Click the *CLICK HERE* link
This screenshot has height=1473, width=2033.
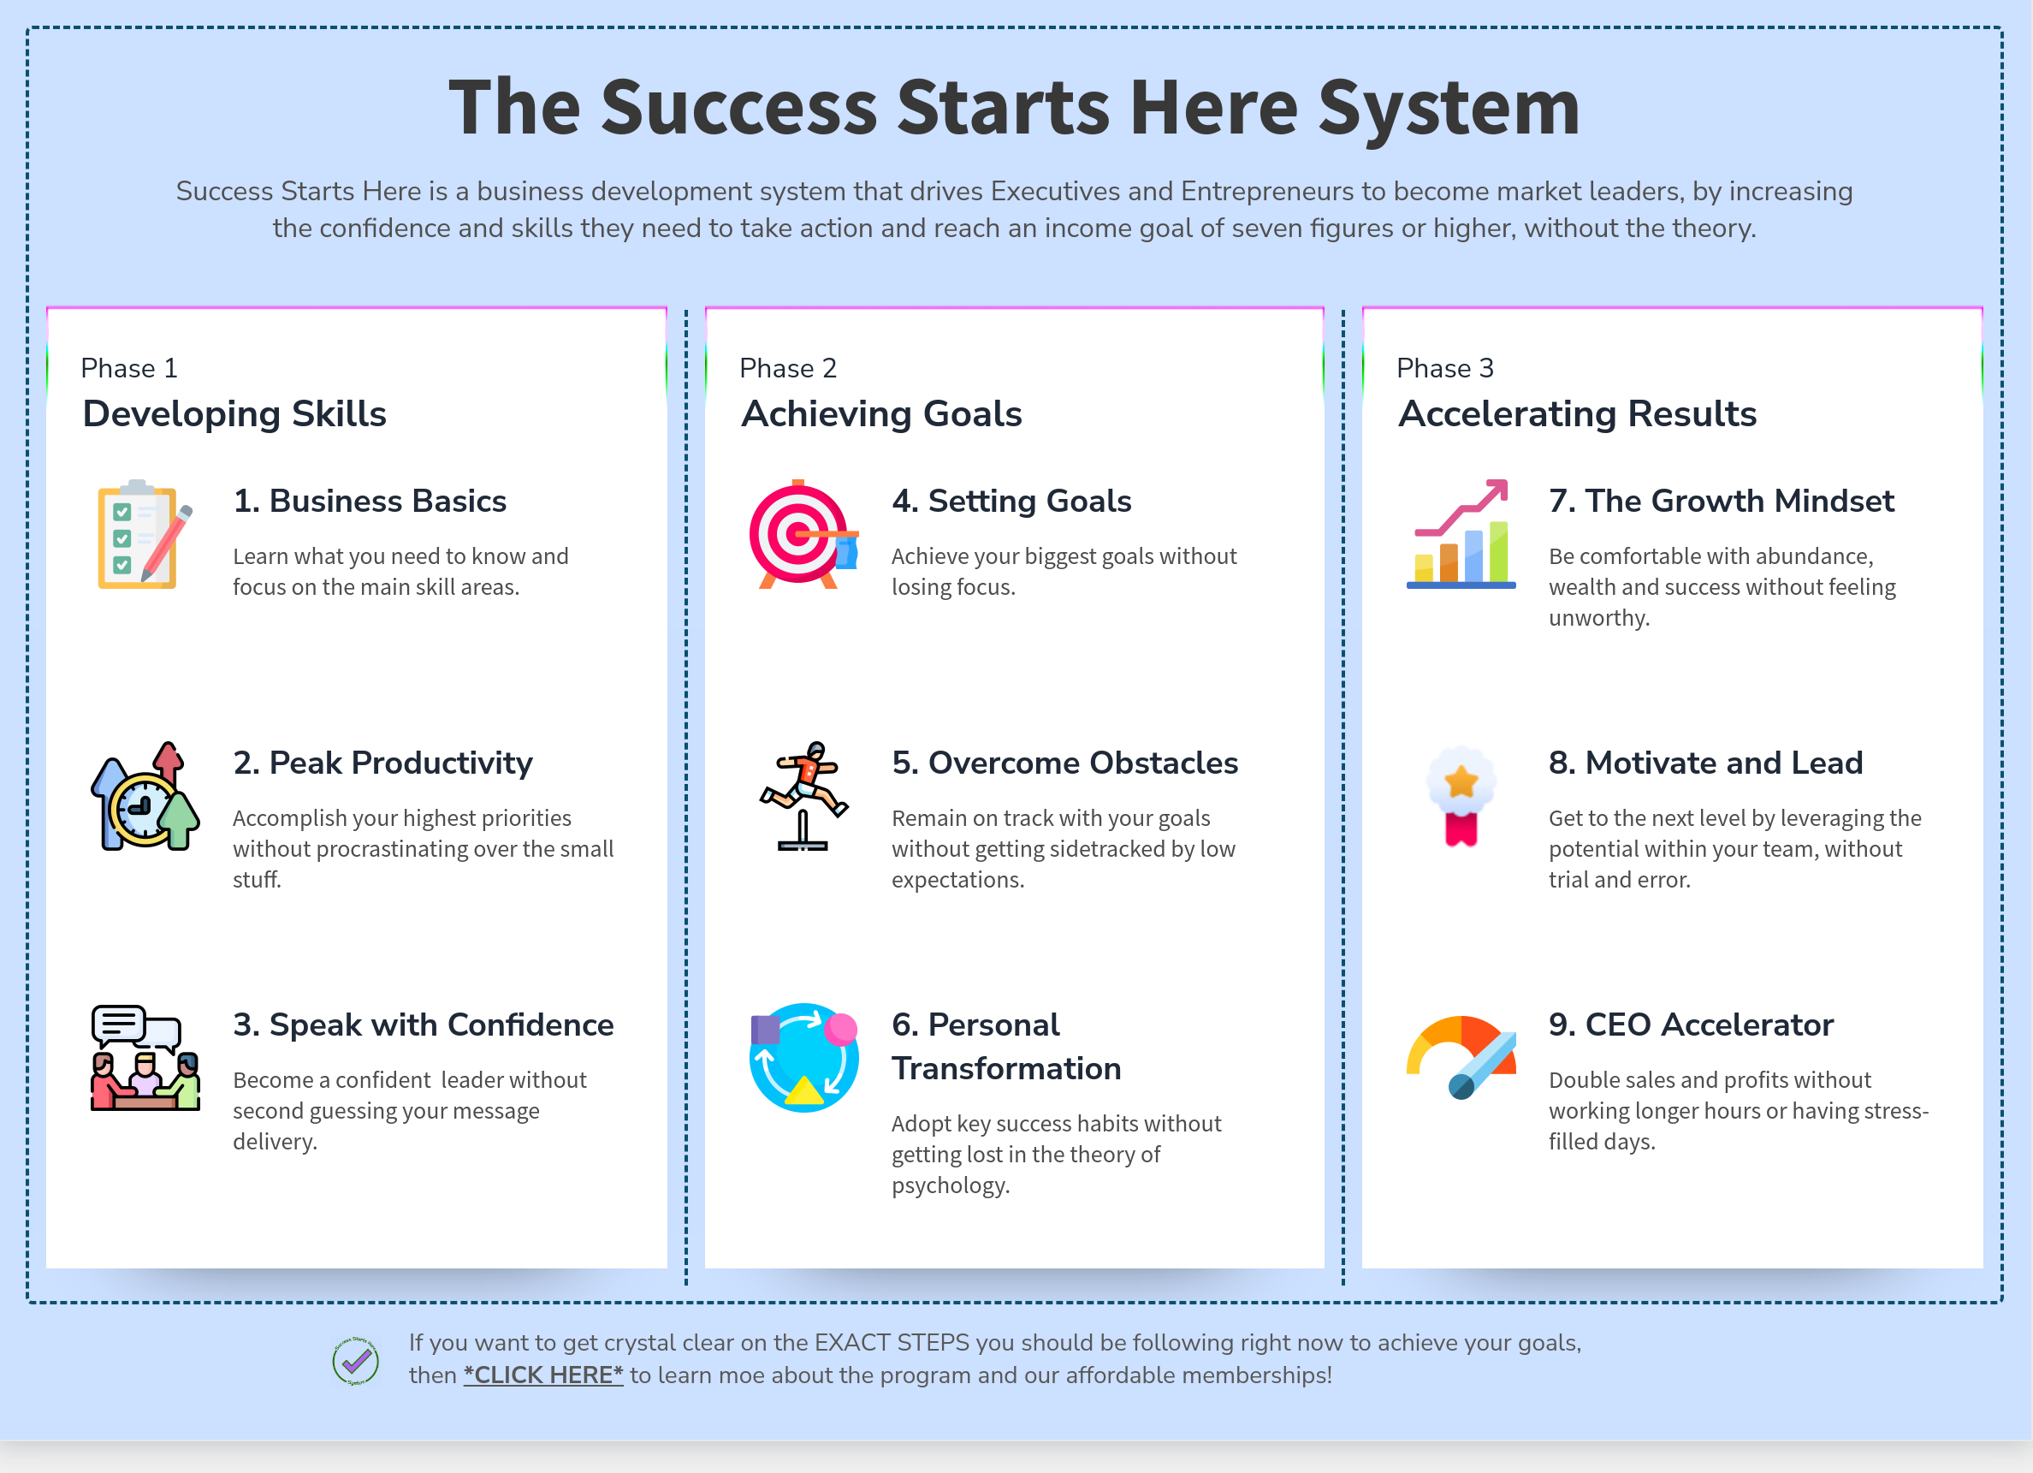[x=543, y=1375]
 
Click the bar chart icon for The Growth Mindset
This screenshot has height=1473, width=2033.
[x=1461, y=534]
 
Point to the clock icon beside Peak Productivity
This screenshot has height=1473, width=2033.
[x=145, y=796]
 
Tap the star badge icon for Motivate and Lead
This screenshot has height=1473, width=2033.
[x=1461, y=796]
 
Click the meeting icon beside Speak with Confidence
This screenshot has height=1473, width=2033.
[x=145, y=1058]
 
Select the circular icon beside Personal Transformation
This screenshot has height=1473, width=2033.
[x=804, y=1058]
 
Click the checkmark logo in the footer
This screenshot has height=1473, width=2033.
[x=356, y=1361]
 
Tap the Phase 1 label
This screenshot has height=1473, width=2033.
[x=129, y=369]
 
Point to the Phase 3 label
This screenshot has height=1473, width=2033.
[x=1445, y=369]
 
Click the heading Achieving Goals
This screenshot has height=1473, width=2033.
[x=881, y=414]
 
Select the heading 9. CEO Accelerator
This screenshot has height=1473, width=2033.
[x=1691, y=1025]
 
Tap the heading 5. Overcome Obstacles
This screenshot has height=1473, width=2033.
[x=1065, y=763]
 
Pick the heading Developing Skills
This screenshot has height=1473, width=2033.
[x=234, y=414]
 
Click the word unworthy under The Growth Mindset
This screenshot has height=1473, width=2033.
[x=1599, y=619]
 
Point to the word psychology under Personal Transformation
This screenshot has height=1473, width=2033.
[x=950, y=1186]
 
